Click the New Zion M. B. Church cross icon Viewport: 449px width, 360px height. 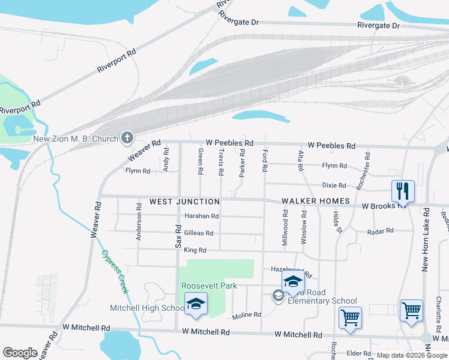pos(127,139)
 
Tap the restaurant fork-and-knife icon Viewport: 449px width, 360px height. pos(403,192)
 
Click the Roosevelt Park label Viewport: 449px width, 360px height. pos(206,286)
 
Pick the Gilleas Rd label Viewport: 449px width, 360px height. pos(198,233)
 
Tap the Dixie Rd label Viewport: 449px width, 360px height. pos(334,185)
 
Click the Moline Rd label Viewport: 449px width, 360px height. pos(247,314)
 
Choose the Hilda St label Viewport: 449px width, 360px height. pos(337,222)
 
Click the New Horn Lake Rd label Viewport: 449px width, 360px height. pos(425,240)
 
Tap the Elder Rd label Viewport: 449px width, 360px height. pos(358,353)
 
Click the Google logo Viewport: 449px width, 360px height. pos(20,352)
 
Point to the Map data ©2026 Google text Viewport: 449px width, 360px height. pos(411,355)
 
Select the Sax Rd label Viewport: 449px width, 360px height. pos(178,236)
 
